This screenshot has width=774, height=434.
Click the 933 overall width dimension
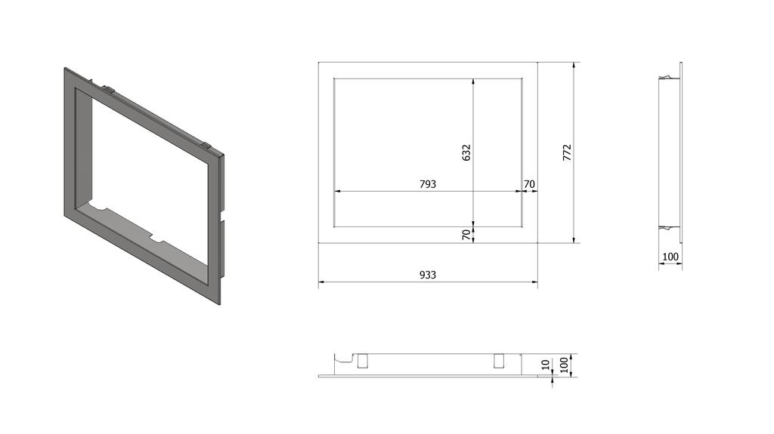(428, 275)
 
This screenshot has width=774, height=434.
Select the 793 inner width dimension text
(428, 184)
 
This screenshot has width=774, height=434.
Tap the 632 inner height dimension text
(466, 152)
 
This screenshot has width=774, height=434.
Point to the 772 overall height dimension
(568, 152)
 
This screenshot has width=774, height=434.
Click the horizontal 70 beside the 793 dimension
(529, 184)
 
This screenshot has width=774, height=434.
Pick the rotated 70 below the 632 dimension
(466, 235)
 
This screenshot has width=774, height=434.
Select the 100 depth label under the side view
(670, 257)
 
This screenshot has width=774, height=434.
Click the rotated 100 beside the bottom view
(562, 366)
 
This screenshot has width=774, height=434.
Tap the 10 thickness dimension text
(546, 366)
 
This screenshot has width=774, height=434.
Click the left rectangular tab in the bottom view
(363, 361)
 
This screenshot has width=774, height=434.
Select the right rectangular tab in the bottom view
(500, 361)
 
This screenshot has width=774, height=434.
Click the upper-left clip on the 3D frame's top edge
(108, 89)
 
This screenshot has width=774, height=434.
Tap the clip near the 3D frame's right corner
(205, 143)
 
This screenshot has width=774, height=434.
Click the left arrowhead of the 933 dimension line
(321, 283)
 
